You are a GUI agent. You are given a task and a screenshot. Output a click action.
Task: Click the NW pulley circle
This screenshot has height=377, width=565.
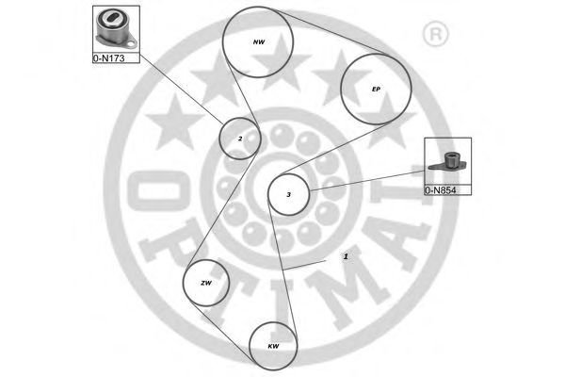pos(222,42)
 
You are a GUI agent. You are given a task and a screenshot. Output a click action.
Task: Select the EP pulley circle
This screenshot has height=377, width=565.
pos(341,90)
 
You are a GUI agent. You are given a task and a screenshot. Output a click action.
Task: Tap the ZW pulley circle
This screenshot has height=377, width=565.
pos(184,283)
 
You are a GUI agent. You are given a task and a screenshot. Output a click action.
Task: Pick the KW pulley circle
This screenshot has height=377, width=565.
pos(250,346)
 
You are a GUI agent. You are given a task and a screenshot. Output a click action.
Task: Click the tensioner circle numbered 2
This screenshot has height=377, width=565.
pos(219,139)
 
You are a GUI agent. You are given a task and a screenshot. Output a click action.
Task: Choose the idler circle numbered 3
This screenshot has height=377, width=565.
pos(268,195)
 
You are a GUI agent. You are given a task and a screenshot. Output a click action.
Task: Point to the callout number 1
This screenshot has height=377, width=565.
pos(346,256)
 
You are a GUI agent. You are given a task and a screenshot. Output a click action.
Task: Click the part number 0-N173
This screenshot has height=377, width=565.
pos(109,58)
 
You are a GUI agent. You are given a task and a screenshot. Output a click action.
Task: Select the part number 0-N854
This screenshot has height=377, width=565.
pos(441,190)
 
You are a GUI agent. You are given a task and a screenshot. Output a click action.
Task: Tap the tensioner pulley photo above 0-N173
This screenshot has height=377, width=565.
pos(116,29)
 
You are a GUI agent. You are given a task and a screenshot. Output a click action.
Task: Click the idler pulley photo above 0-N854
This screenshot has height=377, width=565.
pos(448,161)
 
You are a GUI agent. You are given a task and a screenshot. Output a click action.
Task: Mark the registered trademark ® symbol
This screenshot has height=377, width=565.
pos(435,35)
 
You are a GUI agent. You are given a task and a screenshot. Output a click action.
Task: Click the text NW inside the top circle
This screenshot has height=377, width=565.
pos(259,42)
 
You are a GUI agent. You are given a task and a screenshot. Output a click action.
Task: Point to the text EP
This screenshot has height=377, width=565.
pos(376,89)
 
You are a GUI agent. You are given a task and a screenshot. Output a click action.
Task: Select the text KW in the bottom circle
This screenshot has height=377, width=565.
pos(273,346)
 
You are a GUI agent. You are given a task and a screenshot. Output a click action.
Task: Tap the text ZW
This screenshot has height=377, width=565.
pos(206,283)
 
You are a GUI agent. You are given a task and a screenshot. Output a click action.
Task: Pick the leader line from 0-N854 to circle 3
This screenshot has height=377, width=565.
pos(367,180)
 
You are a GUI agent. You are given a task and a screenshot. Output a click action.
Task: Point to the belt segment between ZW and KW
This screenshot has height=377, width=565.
pos(220,331)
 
